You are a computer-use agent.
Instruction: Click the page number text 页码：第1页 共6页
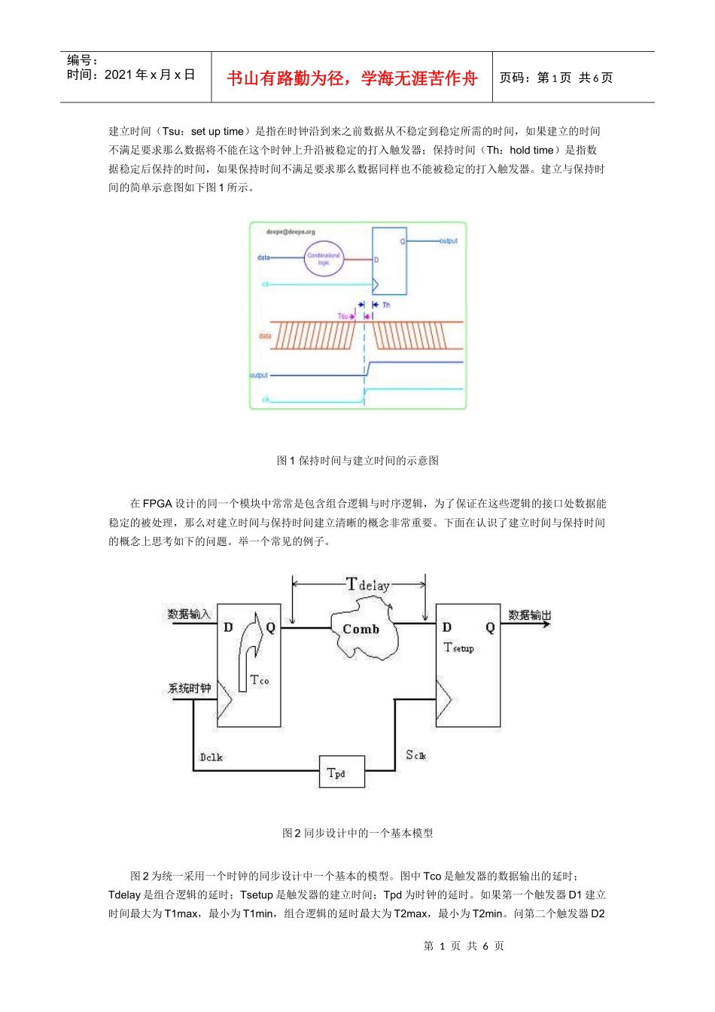(x=555, y=78)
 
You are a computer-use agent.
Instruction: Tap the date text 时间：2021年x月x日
(x=131, y=75)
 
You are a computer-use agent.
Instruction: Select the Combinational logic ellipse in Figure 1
(x=323, y=259)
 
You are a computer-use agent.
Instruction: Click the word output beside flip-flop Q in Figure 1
(x=449, y=241)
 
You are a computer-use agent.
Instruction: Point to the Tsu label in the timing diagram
(x=342, y=316)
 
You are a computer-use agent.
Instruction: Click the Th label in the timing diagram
(x=386, y=305)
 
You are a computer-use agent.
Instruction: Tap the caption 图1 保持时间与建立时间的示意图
(x=357, y=461)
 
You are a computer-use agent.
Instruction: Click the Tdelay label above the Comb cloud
(x=367, y=584)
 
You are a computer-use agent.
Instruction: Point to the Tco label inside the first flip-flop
(x=259, y=680)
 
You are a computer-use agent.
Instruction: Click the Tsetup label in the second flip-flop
(x=458, y=648)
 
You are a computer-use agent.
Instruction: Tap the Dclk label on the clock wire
(x=211, y=757)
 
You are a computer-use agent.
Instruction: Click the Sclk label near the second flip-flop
(x=416, y=755)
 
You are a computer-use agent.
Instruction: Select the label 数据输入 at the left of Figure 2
(x=189, y=614)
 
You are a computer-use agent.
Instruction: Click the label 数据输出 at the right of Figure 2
(x=529, y=615)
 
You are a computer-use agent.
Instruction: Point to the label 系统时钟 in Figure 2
(x=189, y=688)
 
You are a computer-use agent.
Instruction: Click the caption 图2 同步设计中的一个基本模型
(x=357, y=833)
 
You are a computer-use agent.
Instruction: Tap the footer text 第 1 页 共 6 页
(x=464, y=946)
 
